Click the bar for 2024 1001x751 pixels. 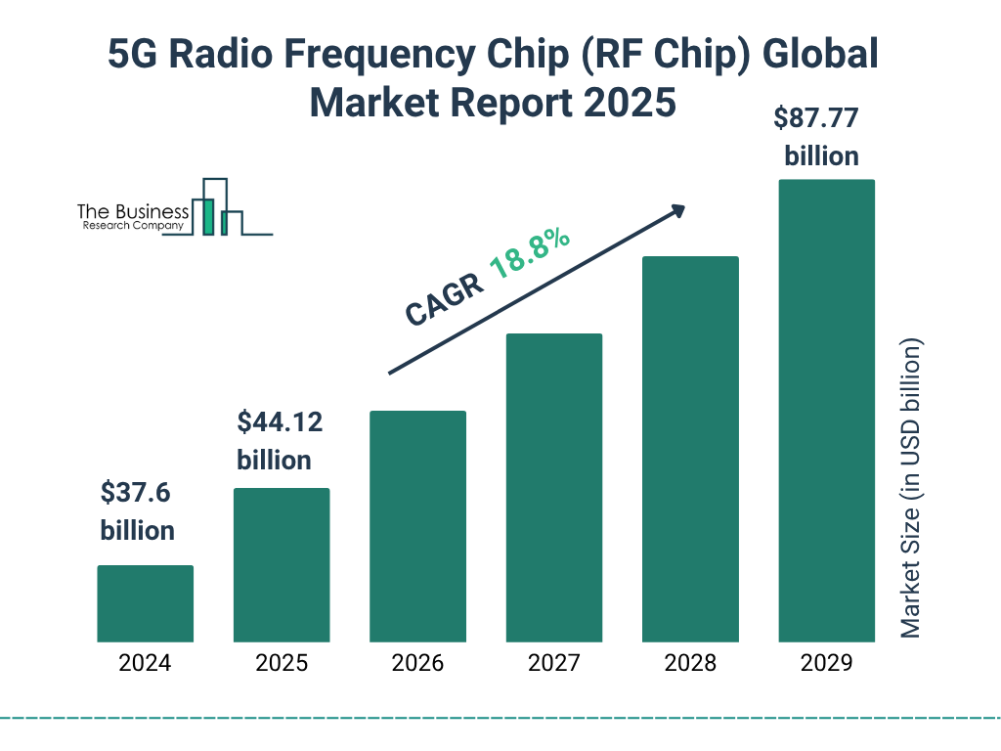[145, 603]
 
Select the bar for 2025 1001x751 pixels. [282, 565]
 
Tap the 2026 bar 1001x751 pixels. [417, 526]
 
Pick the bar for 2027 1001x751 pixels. [553, 488]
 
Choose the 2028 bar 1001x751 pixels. [690, 449]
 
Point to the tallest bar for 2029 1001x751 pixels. [826, 411]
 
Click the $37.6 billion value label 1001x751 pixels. [137, 511]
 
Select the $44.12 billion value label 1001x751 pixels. [279, 441]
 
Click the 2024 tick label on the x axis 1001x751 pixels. [145, 663]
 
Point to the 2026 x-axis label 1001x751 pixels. [417, 663]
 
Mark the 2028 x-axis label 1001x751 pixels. [690, 663]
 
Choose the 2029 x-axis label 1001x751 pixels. [826, 663]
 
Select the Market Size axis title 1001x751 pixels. [911, 489]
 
